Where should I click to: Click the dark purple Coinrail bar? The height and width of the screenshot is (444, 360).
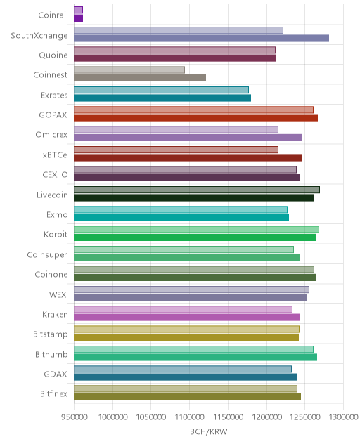78,18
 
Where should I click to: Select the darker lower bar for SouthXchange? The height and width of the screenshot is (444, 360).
202,38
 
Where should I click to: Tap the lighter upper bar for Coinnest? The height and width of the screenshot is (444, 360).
129,70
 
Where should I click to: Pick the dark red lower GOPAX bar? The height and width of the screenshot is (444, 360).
196,118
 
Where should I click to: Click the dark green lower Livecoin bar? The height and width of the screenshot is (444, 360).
194,197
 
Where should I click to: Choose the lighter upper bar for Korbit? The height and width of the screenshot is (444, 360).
196,229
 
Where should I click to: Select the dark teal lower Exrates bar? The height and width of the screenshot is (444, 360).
162,98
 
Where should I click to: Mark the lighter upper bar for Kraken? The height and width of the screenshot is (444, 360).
183,309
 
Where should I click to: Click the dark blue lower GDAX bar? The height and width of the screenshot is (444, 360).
186,377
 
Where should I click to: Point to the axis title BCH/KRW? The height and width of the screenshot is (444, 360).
209,431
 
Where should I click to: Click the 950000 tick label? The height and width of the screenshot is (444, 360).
75,417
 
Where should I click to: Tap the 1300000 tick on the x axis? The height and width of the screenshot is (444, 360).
343,417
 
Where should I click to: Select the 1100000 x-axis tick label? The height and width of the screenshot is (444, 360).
189,417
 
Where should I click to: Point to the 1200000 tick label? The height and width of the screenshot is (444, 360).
266,417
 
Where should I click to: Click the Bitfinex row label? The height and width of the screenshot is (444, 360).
54,393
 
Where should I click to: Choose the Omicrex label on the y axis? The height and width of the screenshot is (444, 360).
51,134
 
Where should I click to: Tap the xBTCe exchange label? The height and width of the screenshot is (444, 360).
55,155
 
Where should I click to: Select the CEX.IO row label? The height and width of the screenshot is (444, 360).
56,174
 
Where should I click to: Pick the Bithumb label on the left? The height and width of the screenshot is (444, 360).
51,354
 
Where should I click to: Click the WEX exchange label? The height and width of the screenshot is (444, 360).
58,294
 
